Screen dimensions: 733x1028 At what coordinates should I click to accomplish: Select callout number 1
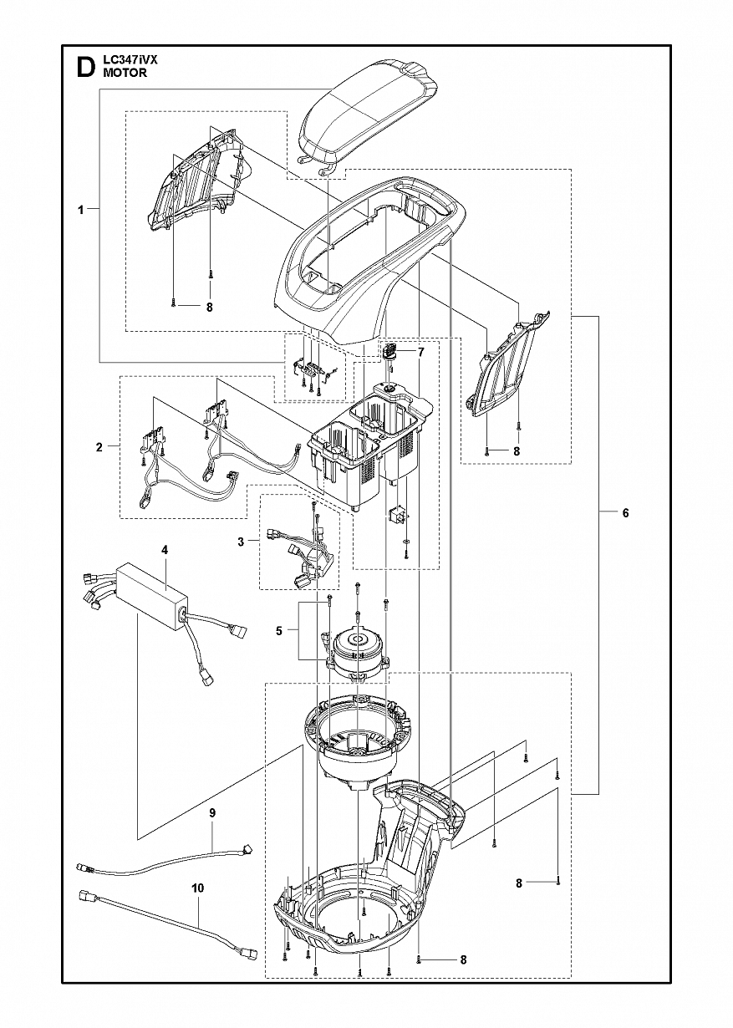click(81, 211)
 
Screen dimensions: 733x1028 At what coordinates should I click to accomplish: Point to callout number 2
click(99, 447)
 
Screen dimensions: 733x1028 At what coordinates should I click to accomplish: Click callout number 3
click(241, 542)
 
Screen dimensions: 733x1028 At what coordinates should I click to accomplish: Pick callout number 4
click(165, 550)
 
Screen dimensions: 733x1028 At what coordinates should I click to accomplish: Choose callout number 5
click(278, 631)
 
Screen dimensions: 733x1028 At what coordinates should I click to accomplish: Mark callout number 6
click(625, 513)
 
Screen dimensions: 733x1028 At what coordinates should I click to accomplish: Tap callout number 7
click(421, 352)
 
